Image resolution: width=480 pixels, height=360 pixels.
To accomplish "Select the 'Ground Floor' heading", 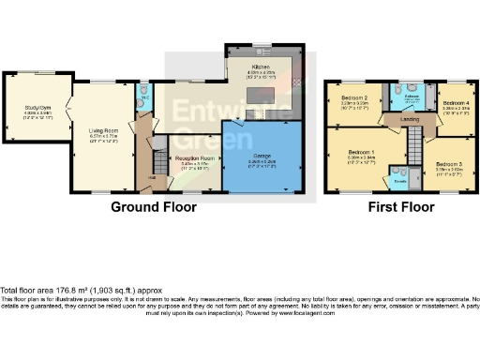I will coord(155,206).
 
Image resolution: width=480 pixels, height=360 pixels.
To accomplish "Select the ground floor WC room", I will coord(145,97).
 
